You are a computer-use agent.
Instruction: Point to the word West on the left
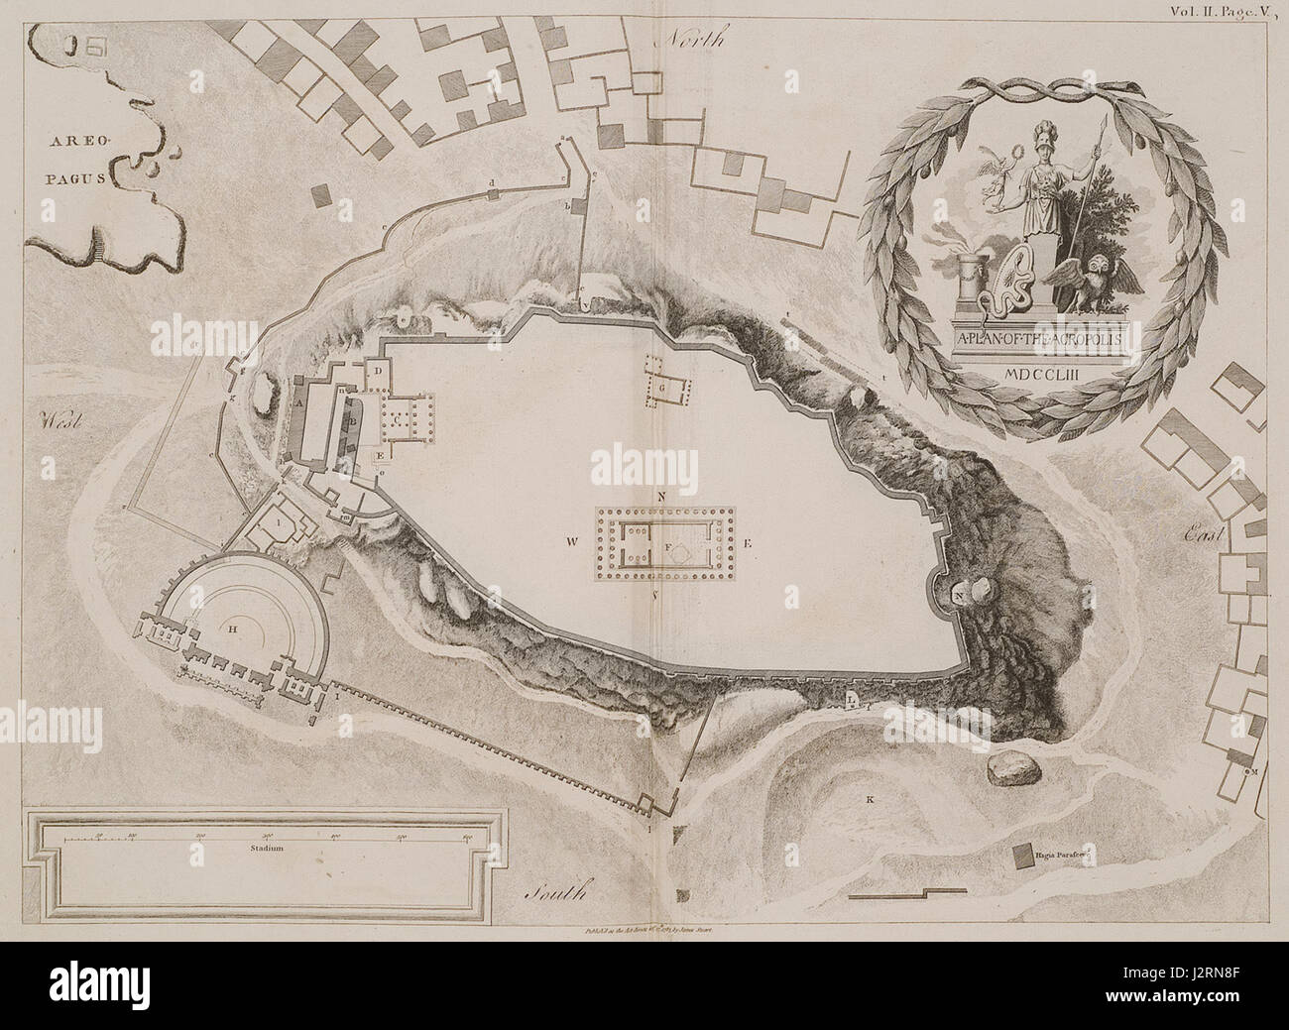(x=60, y=420)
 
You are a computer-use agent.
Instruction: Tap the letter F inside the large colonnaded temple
(x=668, y=546)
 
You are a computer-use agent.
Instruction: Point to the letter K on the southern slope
(x=870, y=798)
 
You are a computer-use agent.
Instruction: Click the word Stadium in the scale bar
(x=268, y=850)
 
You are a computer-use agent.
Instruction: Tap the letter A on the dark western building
(x=298, y=403)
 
